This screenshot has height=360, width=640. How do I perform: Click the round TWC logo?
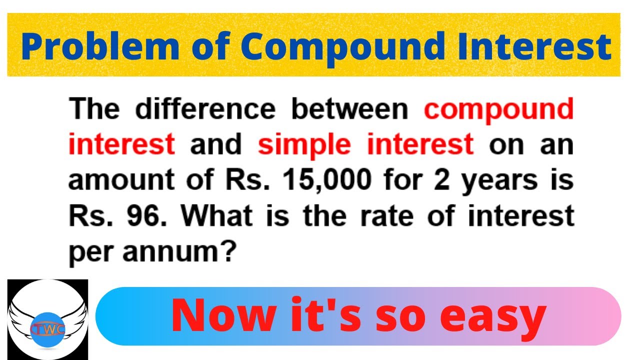(48, 319)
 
